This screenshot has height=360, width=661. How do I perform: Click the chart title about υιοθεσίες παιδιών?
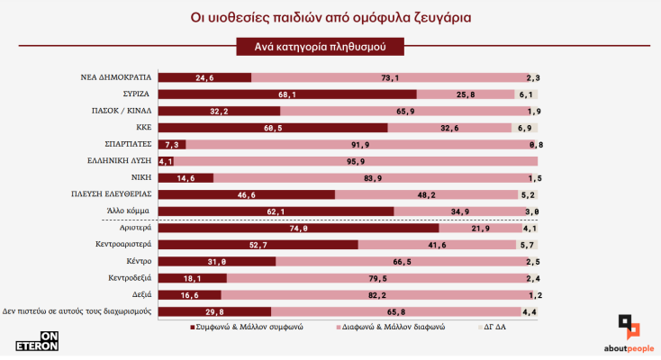coord(330,17)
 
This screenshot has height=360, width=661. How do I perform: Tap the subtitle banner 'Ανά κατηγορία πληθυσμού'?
coord(318,45)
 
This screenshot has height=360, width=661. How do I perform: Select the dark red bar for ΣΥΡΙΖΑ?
coord(286,94)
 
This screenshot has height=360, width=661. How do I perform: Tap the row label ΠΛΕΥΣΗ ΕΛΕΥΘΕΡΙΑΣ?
coord(110,194)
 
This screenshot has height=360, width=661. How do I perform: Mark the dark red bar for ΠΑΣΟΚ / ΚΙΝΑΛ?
coord(219,111)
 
